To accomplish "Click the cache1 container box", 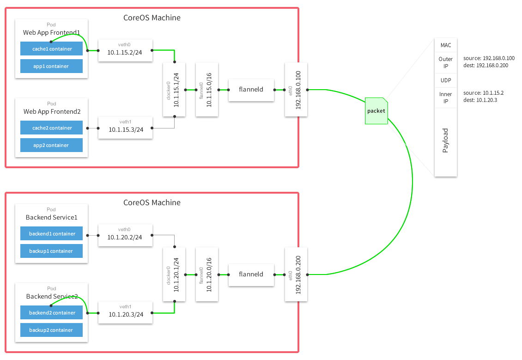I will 51,49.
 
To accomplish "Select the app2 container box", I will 51,145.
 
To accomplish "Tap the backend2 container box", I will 51,313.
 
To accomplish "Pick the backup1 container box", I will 51,251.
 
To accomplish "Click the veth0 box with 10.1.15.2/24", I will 125,50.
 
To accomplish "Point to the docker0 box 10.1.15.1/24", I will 174,89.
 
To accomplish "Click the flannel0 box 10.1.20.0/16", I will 206,274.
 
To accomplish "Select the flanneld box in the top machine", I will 251,89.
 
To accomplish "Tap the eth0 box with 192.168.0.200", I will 296,274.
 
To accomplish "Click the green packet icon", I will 376,111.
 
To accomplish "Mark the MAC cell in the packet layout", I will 446,45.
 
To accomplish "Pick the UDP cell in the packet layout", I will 446,80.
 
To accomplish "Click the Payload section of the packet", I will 446,141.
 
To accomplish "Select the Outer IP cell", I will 446,62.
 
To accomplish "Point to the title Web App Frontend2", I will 52,112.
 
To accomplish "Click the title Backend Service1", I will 51,217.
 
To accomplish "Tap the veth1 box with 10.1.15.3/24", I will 125,127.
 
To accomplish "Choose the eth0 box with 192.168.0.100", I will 296,89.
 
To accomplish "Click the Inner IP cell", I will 446,98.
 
